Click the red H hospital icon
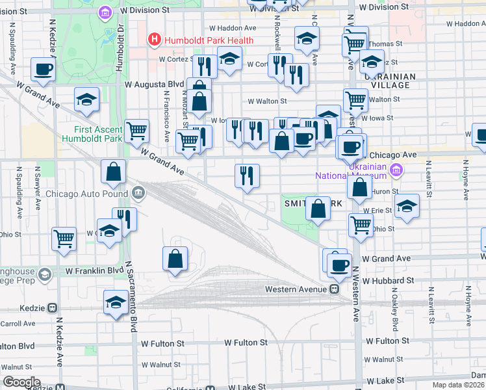tap(155, 40)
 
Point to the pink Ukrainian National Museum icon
tap(396, 170)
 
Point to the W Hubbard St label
tap(389, 281)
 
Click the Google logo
tap(22, 382)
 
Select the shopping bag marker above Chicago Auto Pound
tap(113, 172)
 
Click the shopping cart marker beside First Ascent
tap(136, 131)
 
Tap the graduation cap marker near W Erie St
tap(406, 205)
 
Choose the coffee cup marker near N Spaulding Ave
tap(44, 68)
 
